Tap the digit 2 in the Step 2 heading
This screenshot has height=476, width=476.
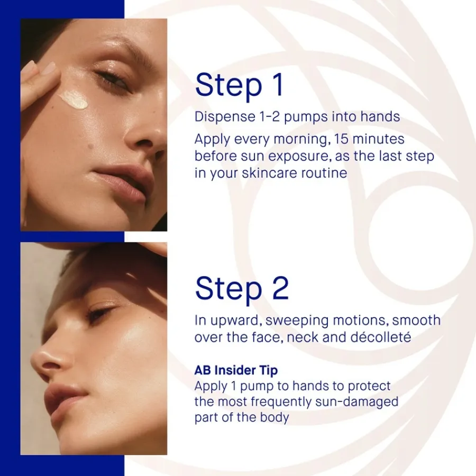[x=280, y=288]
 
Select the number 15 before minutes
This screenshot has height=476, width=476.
[x=341, y=139]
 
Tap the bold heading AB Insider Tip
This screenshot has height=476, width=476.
[x=236, y=370]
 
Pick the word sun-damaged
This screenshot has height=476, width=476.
[x=356, y=401]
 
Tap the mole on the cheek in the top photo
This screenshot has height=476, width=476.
[x=90, y=146]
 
